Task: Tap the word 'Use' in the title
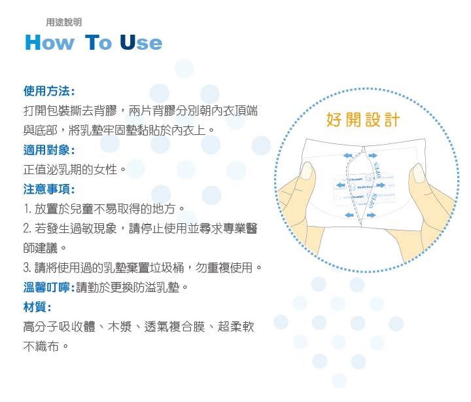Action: (140, 43)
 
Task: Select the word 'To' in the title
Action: (99, 43)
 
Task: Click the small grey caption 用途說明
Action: (64, 22)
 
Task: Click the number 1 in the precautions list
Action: (26, 210)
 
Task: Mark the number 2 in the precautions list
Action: (27, 229)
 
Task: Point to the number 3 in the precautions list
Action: (27, 268)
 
